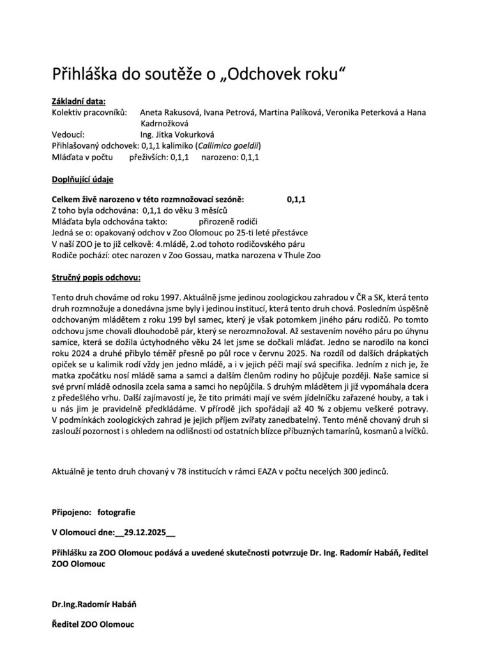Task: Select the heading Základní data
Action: (x=79, y=101)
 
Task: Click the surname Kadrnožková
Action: (x=168, y=123)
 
